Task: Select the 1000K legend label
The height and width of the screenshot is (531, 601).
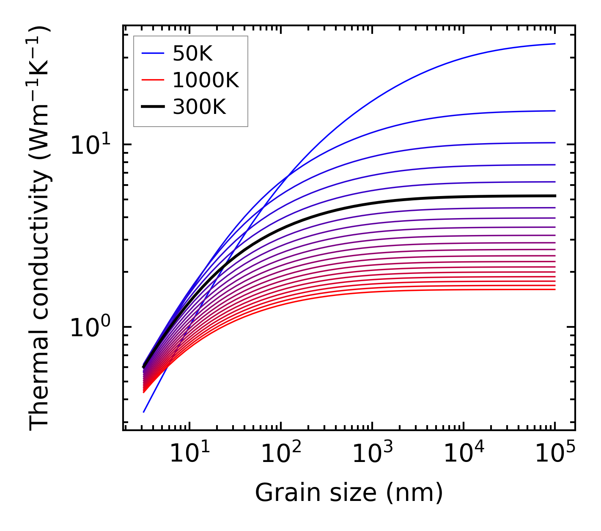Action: point(206,80)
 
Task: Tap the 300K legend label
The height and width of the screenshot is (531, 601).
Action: point(199,107)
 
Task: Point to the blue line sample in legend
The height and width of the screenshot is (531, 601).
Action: point(152,53)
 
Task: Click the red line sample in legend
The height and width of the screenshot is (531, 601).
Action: point(152,80)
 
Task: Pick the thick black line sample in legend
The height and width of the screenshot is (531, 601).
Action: point(152,107)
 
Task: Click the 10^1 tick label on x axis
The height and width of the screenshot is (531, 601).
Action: point(189,454)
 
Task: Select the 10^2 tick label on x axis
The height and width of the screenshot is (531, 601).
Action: point(280,454)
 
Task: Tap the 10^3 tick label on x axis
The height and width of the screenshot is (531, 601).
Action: point(372,454)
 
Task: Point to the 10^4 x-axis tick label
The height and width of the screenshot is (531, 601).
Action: point(463,454)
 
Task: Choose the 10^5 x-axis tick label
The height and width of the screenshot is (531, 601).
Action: point(554,454)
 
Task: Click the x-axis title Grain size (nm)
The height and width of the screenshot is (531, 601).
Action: point(349,493)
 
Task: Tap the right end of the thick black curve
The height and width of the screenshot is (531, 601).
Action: point(554,196)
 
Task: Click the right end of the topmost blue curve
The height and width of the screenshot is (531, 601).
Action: point(554,44)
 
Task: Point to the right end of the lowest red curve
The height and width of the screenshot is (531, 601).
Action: point(554,289)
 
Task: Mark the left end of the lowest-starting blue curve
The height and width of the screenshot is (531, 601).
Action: point(144,412)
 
